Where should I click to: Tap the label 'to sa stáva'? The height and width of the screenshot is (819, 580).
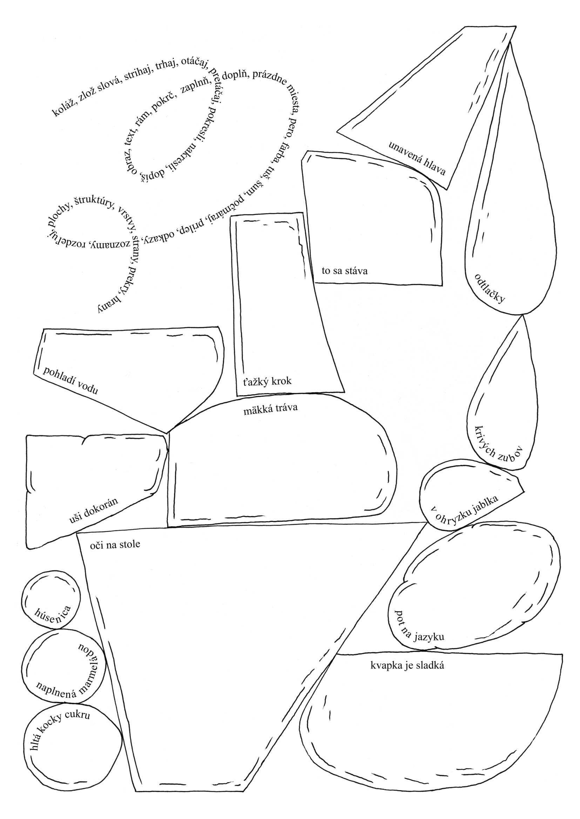click(344, 271)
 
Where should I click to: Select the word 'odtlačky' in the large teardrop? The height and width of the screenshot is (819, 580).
click(490, 288)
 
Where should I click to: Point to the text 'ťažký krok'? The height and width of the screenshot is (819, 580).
click(268, 381)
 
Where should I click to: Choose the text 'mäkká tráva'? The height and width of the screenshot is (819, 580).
click(270, 408)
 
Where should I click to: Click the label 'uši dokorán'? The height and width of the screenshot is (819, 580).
click(94, 511)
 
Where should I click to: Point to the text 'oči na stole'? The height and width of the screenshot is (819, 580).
click(115, 544)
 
